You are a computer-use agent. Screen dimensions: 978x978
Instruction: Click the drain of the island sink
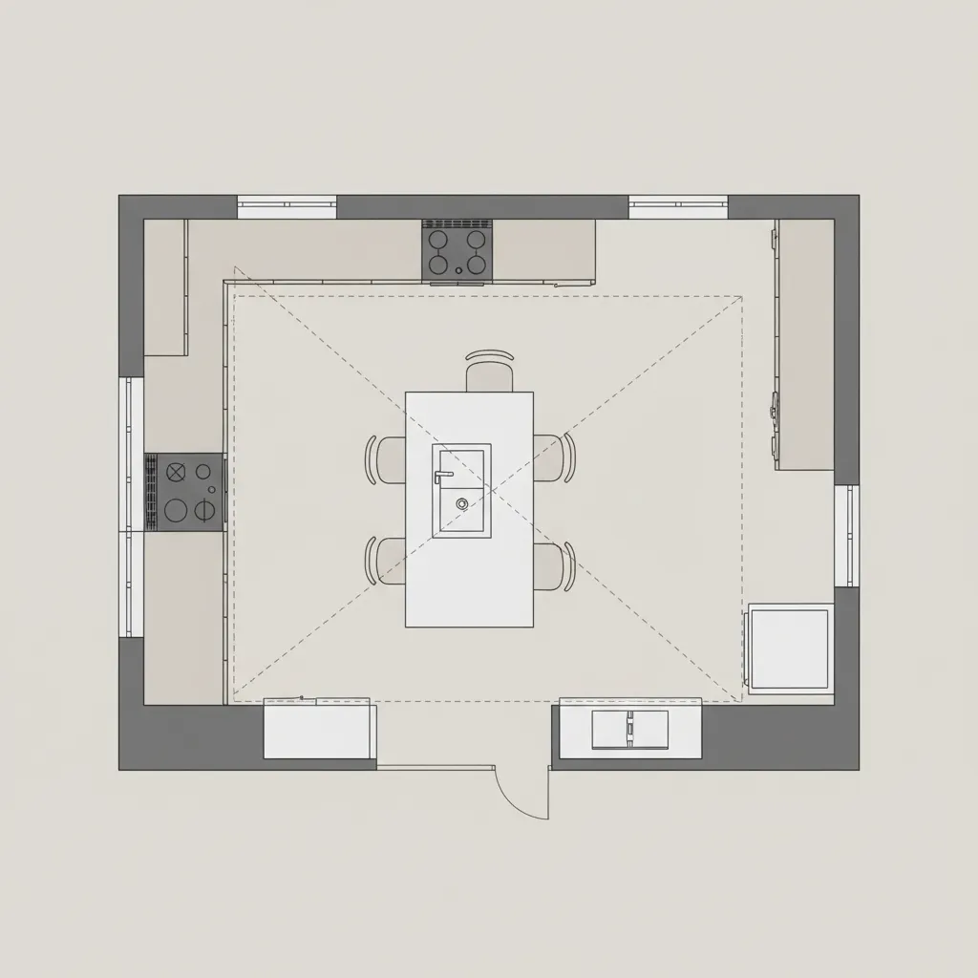tap(461, 502)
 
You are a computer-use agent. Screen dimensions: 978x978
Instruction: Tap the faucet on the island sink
tap(442, 474)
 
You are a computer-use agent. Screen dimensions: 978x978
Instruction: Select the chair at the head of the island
tap(489, 372)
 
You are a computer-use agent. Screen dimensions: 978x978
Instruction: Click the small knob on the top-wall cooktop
tap(458, 271)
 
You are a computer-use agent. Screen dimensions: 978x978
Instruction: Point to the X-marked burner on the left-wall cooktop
tap(176, 471)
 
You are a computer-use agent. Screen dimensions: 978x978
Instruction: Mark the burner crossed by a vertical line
tap(204, 510)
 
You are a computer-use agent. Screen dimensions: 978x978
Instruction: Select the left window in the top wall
tap(287, 206)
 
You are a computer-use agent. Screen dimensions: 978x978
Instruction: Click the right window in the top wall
tap(678, 206)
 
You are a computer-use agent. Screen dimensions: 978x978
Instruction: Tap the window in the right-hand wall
tap(846, 535)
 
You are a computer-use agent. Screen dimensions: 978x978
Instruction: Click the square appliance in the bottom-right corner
tap(790, 648)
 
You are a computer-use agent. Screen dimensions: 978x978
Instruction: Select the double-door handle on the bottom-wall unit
tap(629, 728)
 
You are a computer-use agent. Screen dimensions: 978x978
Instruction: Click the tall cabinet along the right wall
tap(805, 344)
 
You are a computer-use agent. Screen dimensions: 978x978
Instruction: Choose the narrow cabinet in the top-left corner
tap(164, 287)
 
